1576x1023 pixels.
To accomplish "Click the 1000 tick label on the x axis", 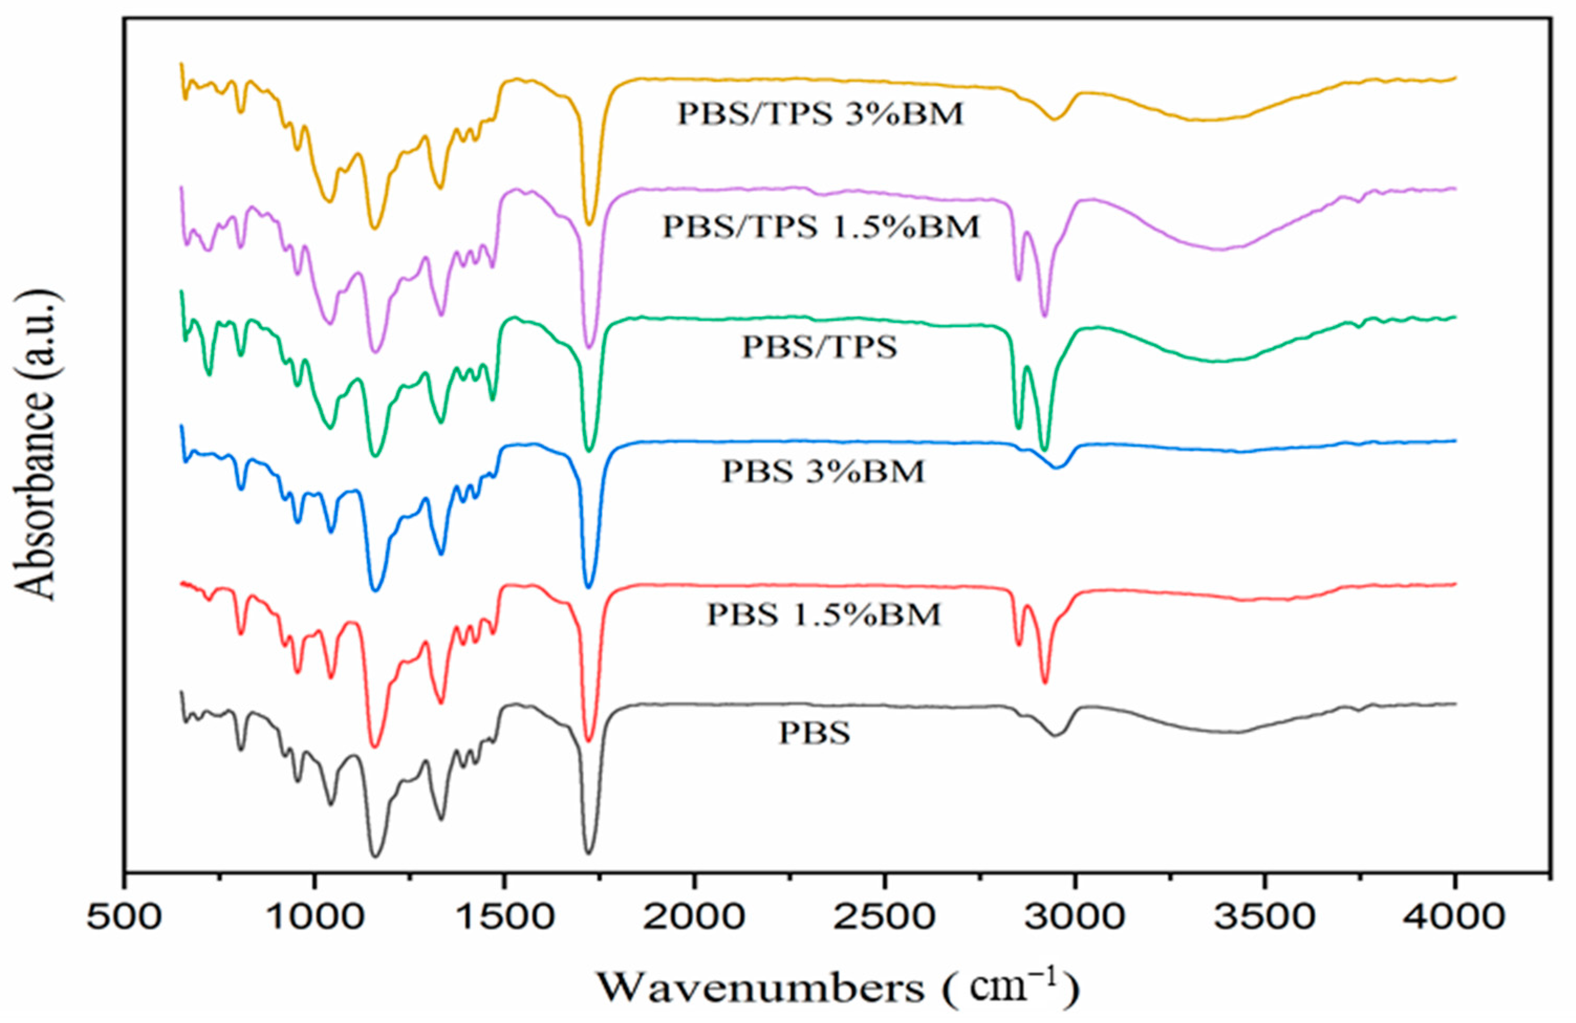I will [x=314, y=920].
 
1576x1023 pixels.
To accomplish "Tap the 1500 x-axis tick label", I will [x=504, y=920].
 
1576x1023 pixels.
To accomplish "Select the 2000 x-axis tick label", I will [x=694, y=920].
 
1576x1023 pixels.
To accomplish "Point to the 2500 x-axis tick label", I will [x=884, y=920].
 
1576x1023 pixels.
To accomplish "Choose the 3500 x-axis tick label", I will [x=1265, y=920].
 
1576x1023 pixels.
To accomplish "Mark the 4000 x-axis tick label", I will [x=1455, y=920].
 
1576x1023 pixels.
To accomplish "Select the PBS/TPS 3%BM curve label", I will [x=820, y=114].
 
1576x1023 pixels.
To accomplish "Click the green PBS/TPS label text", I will [x=819, y=347].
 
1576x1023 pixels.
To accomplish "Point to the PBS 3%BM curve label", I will [x=823, y=472].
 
